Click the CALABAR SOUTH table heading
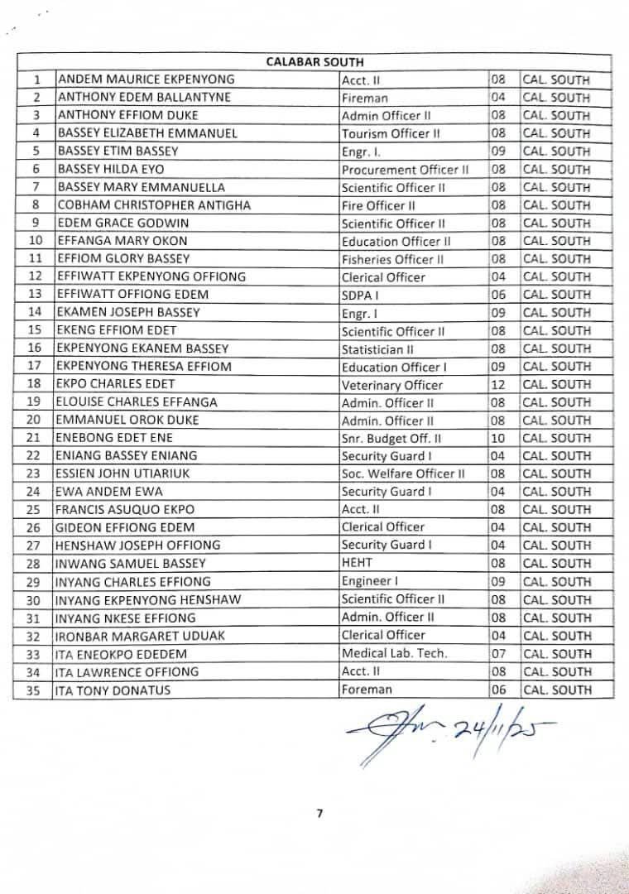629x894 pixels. pyautogui.click(x=314, y=62)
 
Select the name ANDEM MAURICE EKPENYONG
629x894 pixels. pyautogui.click(x=146, y=79)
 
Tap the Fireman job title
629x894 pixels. pyautogui.click(x=365, y=98)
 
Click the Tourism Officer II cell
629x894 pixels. pyautogui.click(x=391, y=133)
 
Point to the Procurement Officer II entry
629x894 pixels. pyautogui.click(x=406, y=170)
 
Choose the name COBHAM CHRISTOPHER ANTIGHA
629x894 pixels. pyautogui.click(x=153, y=205)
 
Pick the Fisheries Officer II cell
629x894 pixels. pyautogui.click(x=393, y=259)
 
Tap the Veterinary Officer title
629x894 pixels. pyautogui.click(x=392, y=385)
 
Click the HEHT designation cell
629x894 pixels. pyautogui.click(x=358, y=563)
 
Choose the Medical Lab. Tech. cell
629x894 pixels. pyautogui.click(x=394, y=653)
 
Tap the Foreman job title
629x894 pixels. pyautogui.click(x=367, y=689)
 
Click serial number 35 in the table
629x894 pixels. pyautogui.click(x=34, y=690)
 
